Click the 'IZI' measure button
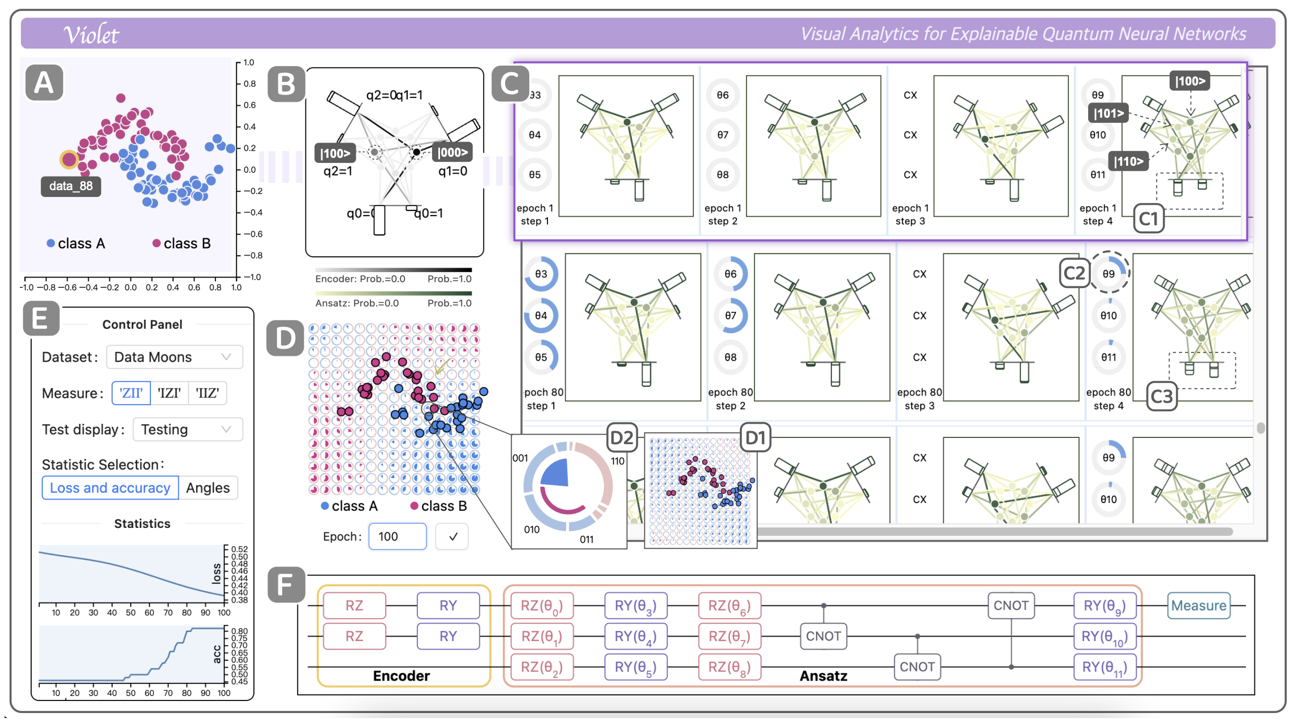(169, 393)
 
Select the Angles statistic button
(208, 488)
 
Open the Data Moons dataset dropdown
(174, 357)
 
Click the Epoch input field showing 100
(398, 536)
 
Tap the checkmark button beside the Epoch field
(452, 536)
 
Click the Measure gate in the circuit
(1198, 605)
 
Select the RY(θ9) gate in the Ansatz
(1105, 605)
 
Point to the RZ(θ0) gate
(542, 605)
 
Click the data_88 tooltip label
(71, 186)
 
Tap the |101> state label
(1108, 113)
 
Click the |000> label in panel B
(452, 152)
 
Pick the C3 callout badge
(1162, 396)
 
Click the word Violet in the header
(91, 35)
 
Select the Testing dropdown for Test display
(187, 429)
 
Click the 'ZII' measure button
(131, 393)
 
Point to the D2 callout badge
(622, 437)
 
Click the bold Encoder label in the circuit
(401, 676)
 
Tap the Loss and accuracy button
(110, 488)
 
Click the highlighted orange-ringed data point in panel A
(69, 160)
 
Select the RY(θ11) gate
(1105, 667)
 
